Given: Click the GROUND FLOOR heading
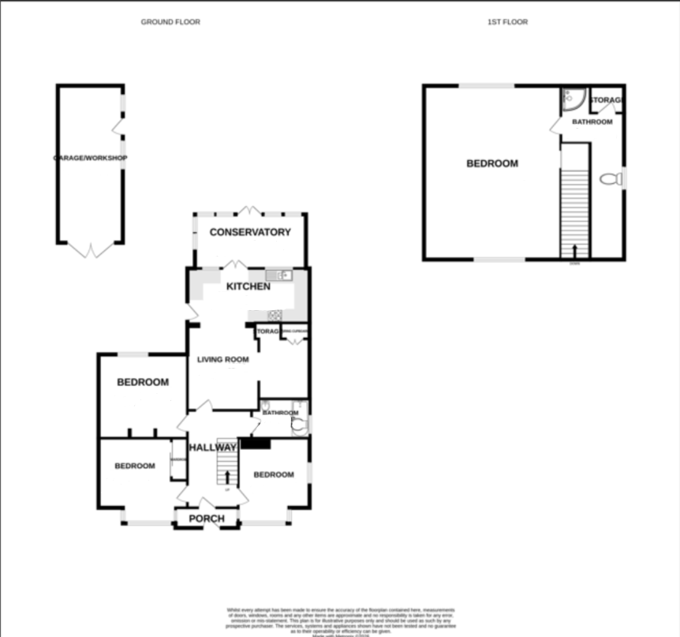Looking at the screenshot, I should point(170,22).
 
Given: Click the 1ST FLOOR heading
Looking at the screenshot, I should point(507,22).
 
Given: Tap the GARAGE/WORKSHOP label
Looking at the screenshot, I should point(90,158).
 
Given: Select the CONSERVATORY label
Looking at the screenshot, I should point(250,232).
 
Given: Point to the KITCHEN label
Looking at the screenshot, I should point(248,287).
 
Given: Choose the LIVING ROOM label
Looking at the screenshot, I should point(222,360).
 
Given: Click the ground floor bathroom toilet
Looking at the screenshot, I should point(298,426).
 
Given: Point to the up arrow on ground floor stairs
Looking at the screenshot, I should point(228,477).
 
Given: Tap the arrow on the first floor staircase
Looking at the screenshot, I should point(574,251).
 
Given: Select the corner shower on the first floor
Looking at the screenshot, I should point(570,99).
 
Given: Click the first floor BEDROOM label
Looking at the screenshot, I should point(491,164).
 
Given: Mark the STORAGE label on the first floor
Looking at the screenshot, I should point(607,100).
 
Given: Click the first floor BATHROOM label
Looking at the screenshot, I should point(592,122).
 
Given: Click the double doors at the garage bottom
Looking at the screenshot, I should point(90,251).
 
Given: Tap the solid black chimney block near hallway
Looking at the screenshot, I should point(255,444).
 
